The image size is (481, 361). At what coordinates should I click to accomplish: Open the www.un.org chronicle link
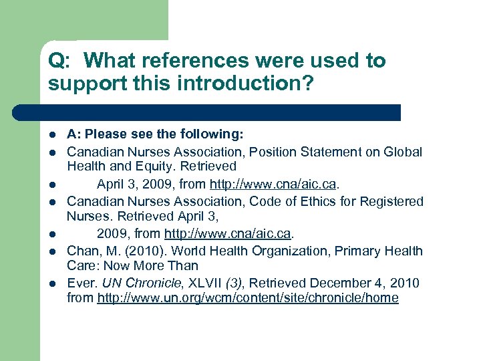click(x=247, y=298)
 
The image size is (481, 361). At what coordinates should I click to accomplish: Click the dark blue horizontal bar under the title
click(x=207, y=112)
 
